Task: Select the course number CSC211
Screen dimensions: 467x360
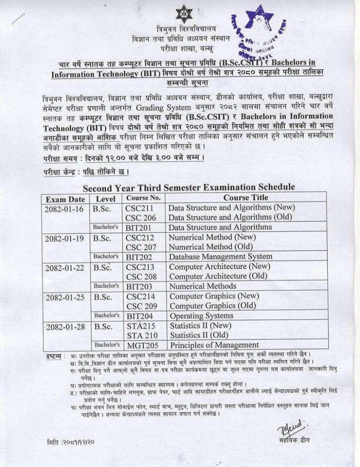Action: point(139,208)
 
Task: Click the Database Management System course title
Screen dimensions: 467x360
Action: point(220,256)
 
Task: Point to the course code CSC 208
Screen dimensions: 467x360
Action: point(141,276)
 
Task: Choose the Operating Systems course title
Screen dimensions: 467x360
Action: point(201,316)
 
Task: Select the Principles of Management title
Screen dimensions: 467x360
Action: point(214,345)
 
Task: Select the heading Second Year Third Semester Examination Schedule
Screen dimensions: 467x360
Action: point(188,188)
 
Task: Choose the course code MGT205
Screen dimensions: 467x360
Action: point(143,345)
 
